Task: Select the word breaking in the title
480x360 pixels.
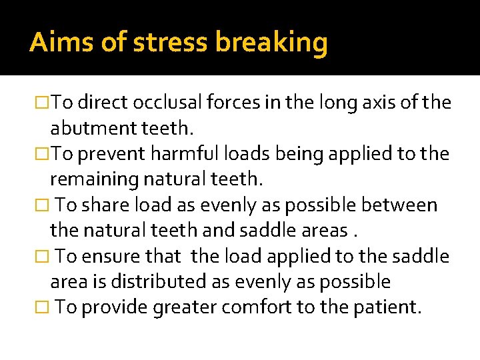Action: click(x=271, y=43)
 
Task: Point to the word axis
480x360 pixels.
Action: click(x=385, y=103)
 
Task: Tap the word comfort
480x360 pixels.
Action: click(x=266, y=308)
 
